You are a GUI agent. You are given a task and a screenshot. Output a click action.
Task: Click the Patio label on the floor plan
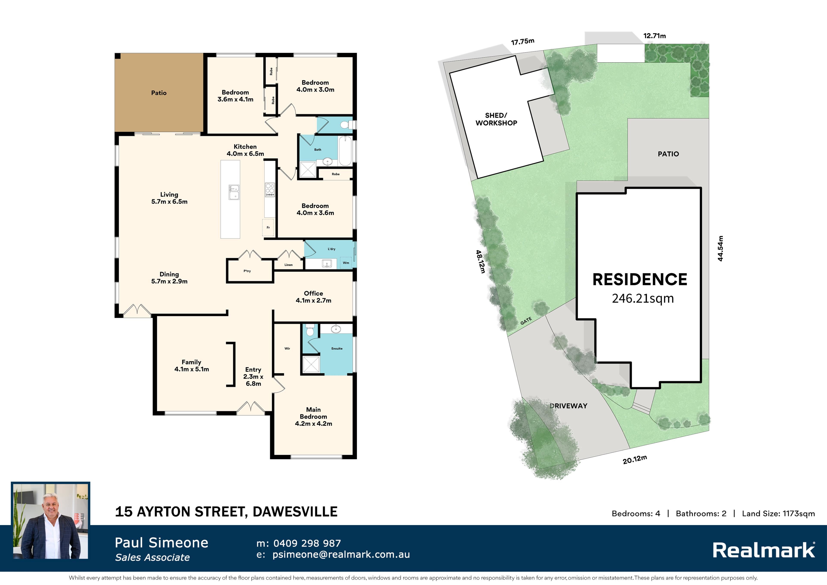pyautogui.click(x=159, y=93)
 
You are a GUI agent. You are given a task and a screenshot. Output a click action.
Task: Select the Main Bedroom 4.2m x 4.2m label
pyautogui.click(x=313, y=417)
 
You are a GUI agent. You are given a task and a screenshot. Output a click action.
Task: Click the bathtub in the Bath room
pyautogui.click(x=345, y=151)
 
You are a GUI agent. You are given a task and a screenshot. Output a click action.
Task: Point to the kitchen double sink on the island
pyautogui.click(x=234, y=192)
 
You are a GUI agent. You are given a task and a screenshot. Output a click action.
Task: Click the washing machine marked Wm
pyautogui.click(x=346, y=263)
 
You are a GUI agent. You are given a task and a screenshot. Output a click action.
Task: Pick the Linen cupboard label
pyautogui.click(x=289, y=265)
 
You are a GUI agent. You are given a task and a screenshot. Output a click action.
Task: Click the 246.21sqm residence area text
pyautogui.click(x=643, y=299)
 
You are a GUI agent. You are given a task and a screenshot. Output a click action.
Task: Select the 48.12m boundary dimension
pyautogui.click(x=480, y=262)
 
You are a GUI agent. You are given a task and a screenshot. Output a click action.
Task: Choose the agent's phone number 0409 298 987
pyautogui.click(x=307, y=543)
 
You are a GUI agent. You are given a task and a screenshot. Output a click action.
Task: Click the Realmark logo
pyautogui.click(x=764, y=550)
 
